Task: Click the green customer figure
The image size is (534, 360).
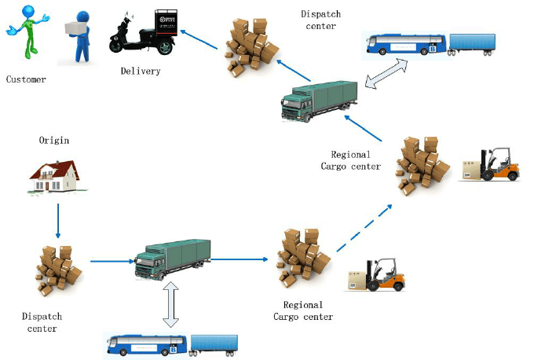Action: (x=28, y=31)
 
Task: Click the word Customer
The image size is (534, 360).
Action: (x=26, y=79)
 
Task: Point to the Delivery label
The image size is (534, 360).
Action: (x=141, y=71)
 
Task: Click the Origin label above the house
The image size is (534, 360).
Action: (x=54, y=140)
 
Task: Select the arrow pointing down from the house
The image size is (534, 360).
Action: (x=58, y=221)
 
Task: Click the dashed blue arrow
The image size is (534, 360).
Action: (x=364, y=228)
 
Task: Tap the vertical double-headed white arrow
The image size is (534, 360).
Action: (x=170, y=304)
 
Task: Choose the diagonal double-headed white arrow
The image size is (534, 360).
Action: (x=386, y=74)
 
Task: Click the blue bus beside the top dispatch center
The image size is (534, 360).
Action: (x=406, y=44)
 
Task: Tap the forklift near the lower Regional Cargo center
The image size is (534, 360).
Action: (x=377, y=275)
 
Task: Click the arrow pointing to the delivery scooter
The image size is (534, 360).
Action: (x=199, y=39)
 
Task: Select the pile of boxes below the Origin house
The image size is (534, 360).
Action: (x=59, y=270)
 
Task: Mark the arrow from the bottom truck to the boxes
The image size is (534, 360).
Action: (x=240, y=259)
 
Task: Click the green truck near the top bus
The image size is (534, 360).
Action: (x=320, y=101)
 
